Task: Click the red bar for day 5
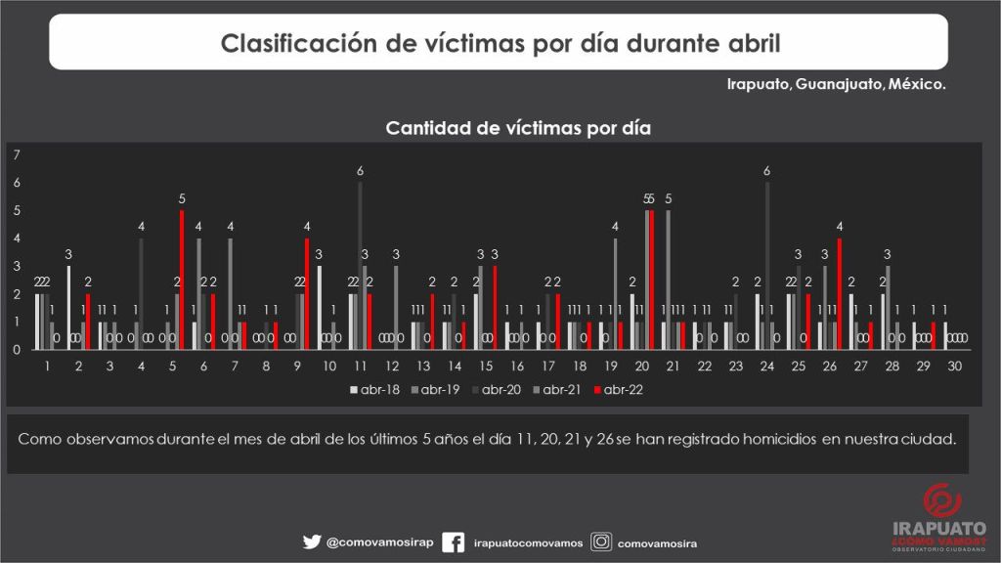tap(182, 280)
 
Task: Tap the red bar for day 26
tap(839, 293)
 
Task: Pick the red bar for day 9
tap(307, 293)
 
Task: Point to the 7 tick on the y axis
tap(17, 155)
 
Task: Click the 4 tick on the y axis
tap(17, 238)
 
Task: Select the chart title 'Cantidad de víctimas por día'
tap(518, 128)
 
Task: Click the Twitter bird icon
tap(312, 541)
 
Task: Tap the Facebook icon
tap(453, 542)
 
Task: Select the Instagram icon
tap(602, 541)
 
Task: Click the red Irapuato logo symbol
tap(940, 501)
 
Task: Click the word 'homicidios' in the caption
tap(775, 439)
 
